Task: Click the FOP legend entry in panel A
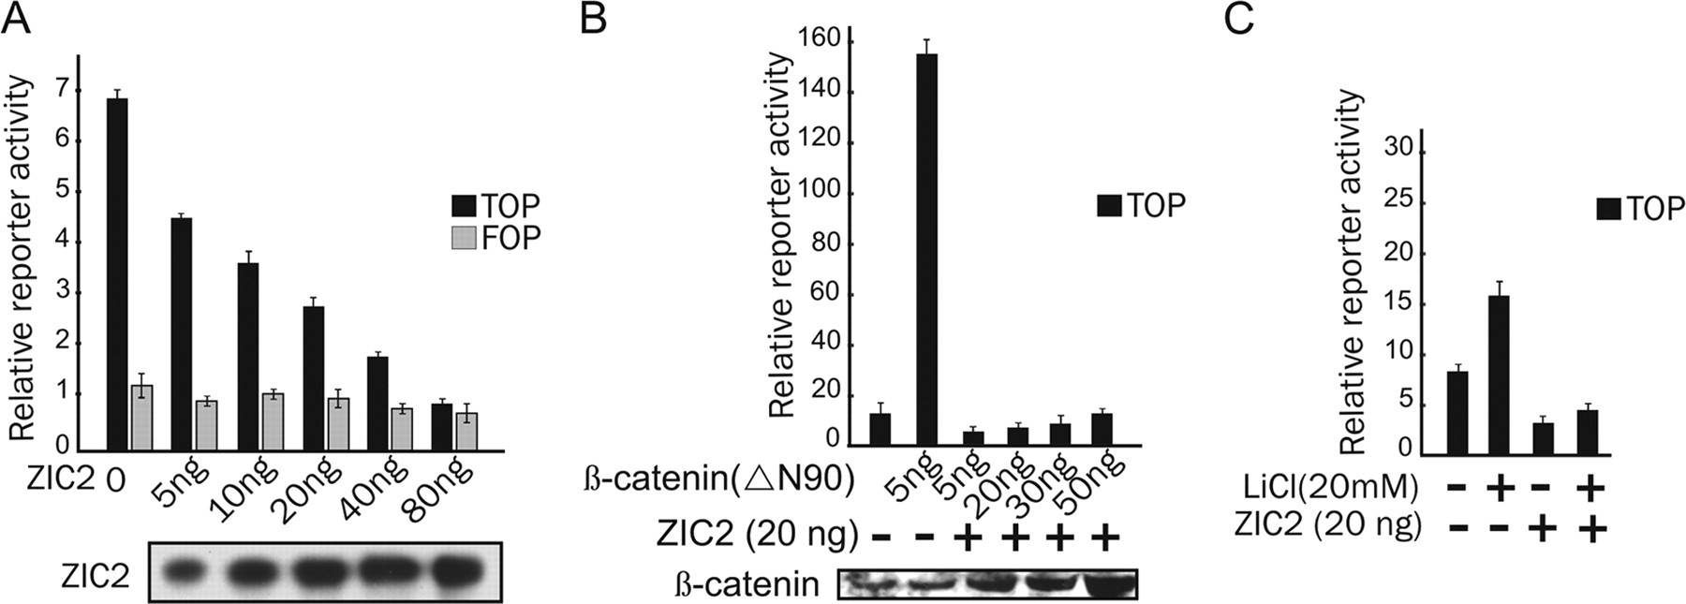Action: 496,238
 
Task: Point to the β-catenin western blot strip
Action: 988,583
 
